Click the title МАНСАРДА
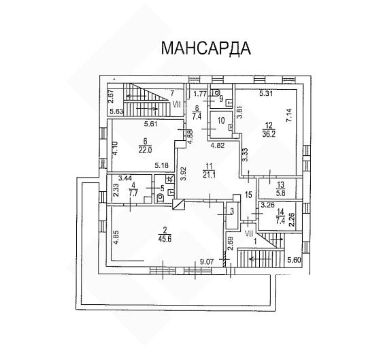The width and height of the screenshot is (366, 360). [206, 48]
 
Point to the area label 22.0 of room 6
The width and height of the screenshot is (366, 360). [145, 150]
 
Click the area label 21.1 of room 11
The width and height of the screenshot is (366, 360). [209, 175]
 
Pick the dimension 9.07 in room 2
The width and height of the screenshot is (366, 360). [207, 262]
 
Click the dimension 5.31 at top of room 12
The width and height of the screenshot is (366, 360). [266, 94]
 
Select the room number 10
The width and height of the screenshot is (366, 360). [221, 120]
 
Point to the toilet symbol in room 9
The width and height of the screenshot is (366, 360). [217, 93]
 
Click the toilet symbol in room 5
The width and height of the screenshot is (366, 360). [161, 197]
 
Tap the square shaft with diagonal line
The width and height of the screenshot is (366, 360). [179, 205]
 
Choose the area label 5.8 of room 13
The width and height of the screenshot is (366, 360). [280, 193]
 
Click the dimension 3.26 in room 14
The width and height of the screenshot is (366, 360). [267, 206]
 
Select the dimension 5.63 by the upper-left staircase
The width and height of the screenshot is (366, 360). [116, 112]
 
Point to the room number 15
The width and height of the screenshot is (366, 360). [249, 195]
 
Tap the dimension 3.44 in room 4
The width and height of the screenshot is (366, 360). [125, 179]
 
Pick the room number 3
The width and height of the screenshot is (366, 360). [232, 212]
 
